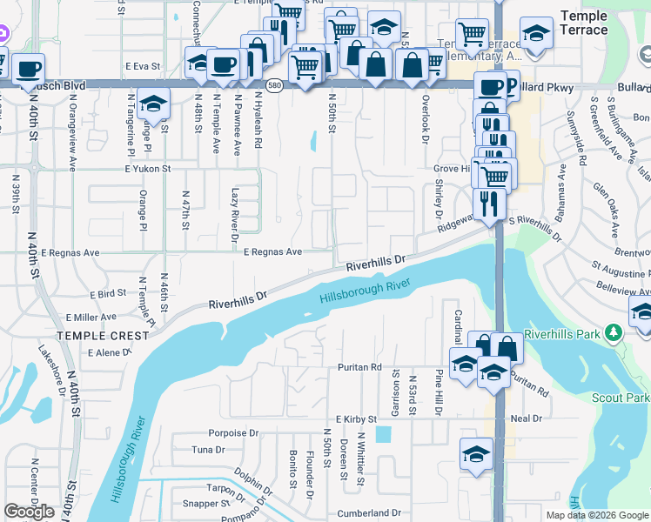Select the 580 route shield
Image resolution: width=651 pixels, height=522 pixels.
[x=275, y=85]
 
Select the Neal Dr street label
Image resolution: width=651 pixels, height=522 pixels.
[x=527, y=418]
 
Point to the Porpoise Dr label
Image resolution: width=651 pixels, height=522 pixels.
[x=234, y=432]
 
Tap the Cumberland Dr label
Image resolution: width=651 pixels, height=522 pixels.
[x=374, y=513]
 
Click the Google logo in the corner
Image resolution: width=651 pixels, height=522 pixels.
[x=29, y=512]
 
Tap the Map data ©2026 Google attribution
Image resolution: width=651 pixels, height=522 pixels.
[x=596, y=515]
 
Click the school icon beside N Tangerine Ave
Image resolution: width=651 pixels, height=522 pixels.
[x=153, y=108]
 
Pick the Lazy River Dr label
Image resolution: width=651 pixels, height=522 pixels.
[x=235, y=209]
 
